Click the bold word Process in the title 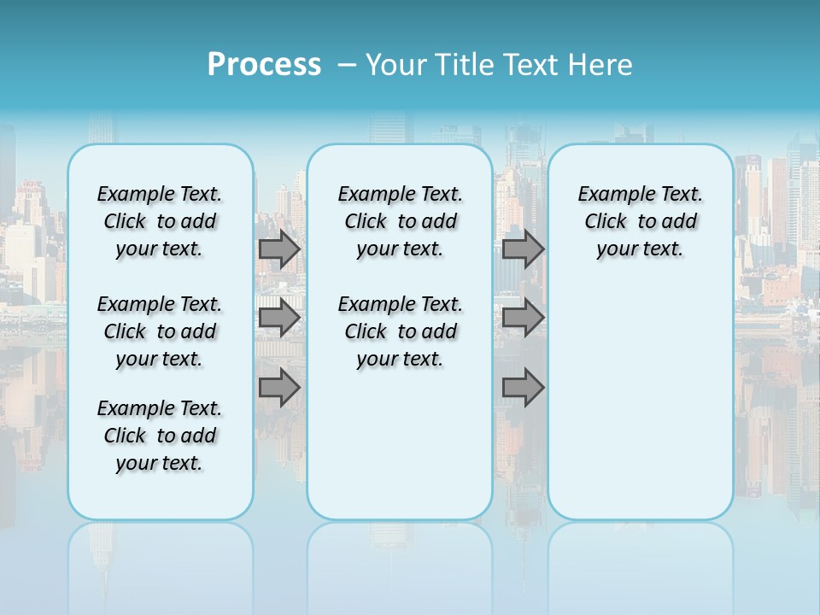point(264,65)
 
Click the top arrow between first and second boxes point(279,249)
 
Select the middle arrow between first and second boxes point(279,318)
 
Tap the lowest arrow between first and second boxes point(279,387)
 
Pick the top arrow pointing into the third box point(523,249)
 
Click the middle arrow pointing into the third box point(523,318)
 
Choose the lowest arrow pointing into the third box point(523,387)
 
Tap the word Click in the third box point(606,221)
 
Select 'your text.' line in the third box point(640,249)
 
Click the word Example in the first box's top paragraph point(128,194)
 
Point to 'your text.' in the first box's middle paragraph point(159,359)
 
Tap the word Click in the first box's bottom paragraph point(125,436)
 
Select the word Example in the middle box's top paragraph point(369,194)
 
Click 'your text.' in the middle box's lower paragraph point(400,359)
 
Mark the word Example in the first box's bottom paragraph point(128,408)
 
